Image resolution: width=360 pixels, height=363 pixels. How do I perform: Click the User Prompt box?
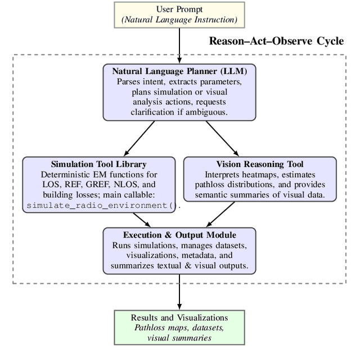(x=179, y=15)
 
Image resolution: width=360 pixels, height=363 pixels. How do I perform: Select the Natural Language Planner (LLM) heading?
(x=179, y=71)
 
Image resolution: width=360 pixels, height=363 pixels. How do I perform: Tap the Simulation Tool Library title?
(x=98, y=164)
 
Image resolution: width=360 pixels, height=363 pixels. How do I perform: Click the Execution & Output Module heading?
(x=179, y=235)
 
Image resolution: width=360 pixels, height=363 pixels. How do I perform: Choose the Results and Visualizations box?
(x=179, y=327)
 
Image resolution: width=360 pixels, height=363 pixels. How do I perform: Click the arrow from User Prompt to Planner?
(x=179, y=45)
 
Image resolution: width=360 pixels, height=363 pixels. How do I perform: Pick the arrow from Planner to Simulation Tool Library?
(x=139, y=138)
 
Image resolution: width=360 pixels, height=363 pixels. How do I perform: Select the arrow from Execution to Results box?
(x=179, y=291)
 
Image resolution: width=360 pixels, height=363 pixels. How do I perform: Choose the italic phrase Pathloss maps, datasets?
(x=179, y=328)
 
